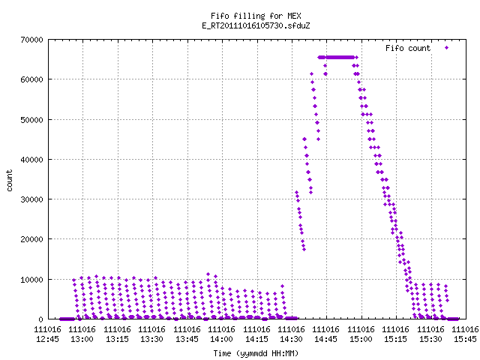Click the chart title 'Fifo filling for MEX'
256,16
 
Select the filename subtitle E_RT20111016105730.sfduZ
256,25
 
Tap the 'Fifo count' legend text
408,48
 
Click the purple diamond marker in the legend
447,48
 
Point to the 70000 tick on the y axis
31,40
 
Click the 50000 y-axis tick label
31,120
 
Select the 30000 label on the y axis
31,199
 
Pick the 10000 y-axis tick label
31,280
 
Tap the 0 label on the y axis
40,319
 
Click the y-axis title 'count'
9,181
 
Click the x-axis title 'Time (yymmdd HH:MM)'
256,353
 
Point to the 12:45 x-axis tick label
47,334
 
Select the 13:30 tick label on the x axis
151,334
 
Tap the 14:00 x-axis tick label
222,334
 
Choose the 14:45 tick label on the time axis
326,334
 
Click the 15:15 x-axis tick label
396,334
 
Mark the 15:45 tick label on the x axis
465,334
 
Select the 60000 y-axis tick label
31,79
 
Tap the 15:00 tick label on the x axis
361,334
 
